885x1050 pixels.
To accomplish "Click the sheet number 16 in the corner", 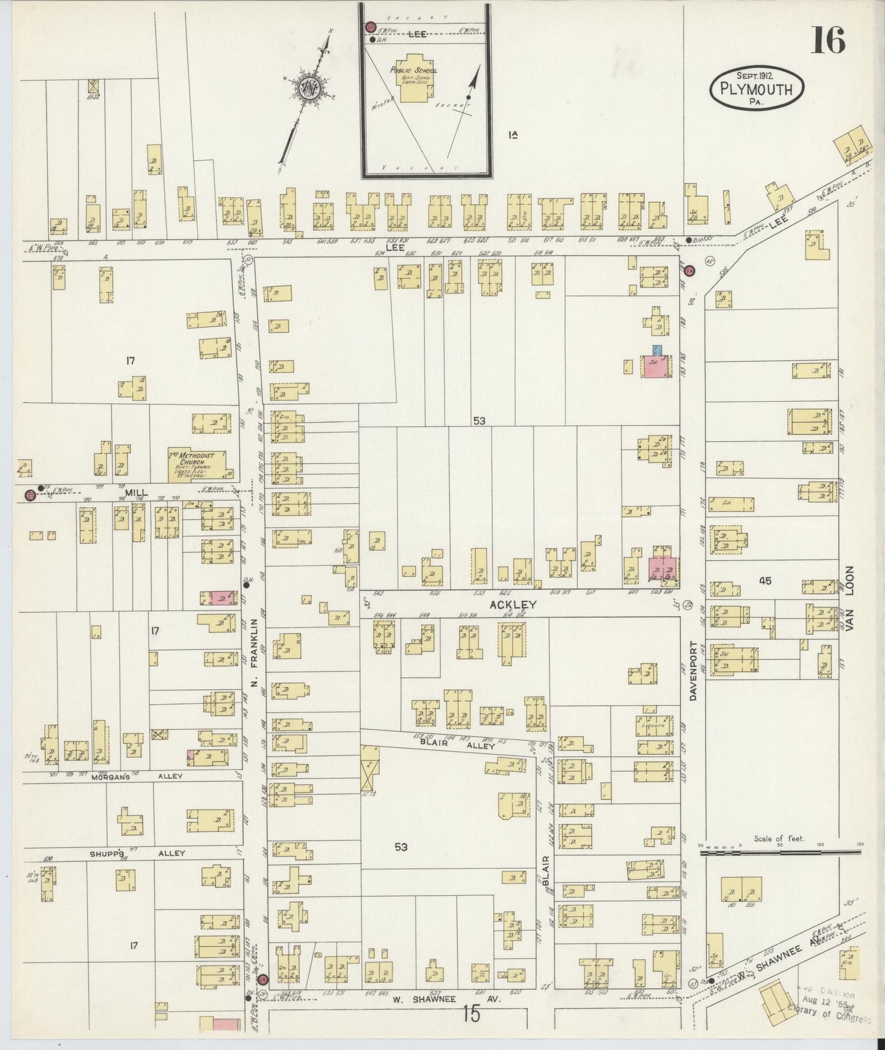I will [x=828, y=40].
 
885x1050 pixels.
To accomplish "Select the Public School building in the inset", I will [x=415, y=84].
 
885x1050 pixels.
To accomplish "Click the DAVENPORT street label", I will [x=694, y=671].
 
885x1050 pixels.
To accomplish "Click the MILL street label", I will [x=137, y=492].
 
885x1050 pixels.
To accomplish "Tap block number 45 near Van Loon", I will [x=764, y=581].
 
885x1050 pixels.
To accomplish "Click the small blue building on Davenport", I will [x=657, y=351].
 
